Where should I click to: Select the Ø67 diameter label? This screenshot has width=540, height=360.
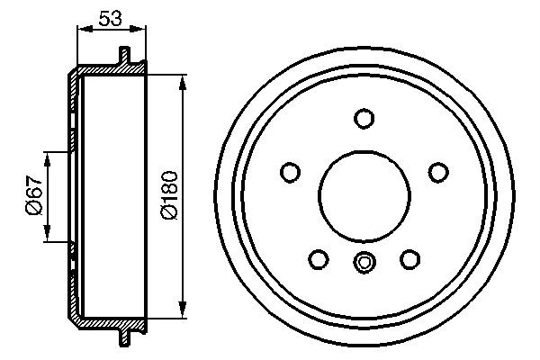click(x=31, y=196)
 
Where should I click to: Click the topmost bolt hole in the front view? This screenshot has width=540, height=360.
click(x=364, y=119)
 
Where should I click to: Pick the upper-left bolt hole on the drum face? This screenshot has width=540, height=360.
click(x=291, y=172)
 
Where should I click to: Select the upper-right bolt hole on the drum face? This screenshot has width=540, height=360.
click(x=437, y=172)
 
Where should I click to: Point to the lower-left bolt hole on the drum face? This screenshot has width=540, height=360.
click(x=319, y=259)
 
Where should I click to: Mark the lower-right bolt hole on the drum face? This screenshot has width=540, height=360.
click(x=409, y=259)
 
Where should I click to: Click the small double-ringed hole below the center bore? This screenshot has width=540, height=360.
click(x=364, y=264)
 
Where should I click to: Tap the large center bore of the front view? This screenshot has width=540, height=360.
click(x=364, y=193)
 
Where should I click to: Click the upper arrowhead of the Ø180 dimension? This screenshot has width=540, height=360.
click(x=184, y=84)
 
